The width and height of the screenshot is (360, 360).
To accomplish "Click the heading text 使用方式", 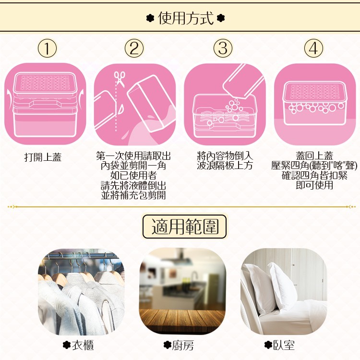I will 185,19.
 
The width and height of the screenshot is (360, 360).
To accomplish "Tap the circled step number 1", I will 47,48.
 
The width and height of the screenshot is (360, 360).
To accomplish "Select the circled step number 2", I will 134,48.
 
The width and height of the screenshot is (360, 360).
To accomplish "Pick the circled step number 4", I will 313,48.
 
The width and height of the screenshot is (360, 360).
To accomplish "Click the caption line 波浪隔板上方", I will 225,166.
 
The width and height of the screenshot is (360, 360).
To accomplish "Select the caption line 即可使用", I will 314,185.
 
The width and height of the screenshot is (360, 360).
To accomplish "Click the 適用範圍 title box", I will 184,227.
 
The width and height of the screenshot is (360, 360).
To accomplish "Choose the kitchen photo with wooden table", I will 182,291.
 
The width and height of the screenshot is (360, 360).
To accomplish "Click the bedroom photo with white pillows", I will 284,291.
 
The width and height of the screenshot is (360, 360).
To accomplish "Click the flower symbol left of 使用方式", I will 150,19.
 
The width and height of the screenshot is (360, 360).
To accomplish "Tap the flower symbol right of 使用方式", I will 220,19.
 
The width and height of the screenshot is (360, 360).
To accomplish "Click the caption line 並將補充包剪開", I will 133,195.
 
